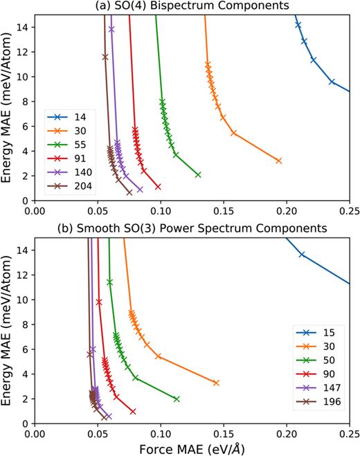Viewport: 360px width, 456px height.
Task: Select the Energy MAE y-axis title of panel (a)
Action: (8, 108)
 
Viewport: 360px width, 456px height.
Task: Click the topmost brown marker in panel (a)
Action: (105, 57)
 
